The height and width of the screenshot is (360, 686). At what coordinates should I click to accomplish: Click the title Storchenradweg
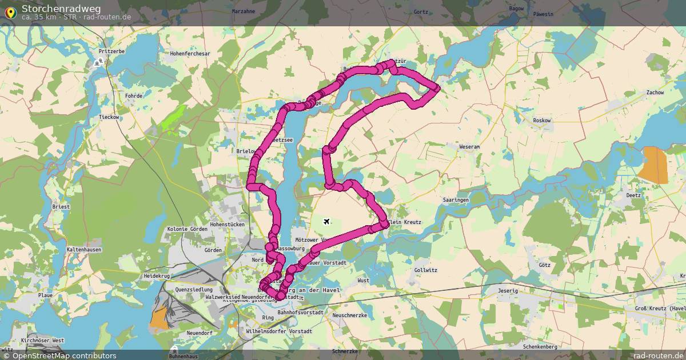coord(62,8)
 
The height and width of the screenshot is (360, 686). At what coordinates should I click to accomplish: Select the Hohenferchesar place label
coord(190,54)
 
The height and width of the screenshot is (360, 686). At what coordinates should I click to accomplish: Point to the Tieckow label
coord(109,117)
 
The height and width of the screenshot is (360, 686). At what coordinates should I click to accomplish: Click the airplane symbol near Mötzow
coord(326,221)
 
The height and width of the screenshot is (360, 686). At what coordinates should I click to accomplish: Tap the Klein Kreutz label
coord(404,222)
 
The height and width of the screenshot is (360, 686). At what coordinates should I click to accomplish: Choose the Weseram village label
coord(469,147)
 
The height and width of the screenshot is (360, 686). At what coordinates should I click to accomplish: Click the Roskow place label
coord(541,121)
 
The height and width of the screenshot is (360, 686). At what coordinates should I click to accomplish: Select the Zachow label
coord(655,92)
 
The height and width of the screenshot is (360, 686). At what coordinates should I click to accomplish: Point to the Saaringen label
coord(456,200)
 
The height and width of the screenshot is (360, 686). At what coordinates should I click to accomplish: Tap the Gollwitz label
coord(425,269)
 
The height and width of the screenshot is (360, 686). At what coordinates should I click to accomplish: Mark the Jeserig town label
coord(508,290)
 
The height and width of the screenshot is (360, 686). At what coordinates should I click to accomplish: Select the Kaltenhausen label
coord(84,250)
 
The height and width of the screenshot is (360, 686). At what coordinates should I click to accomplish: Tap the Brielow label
coord(245,151)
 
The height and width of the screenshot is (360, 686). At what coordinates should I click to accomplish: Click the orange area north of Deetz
coord(655,165)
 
